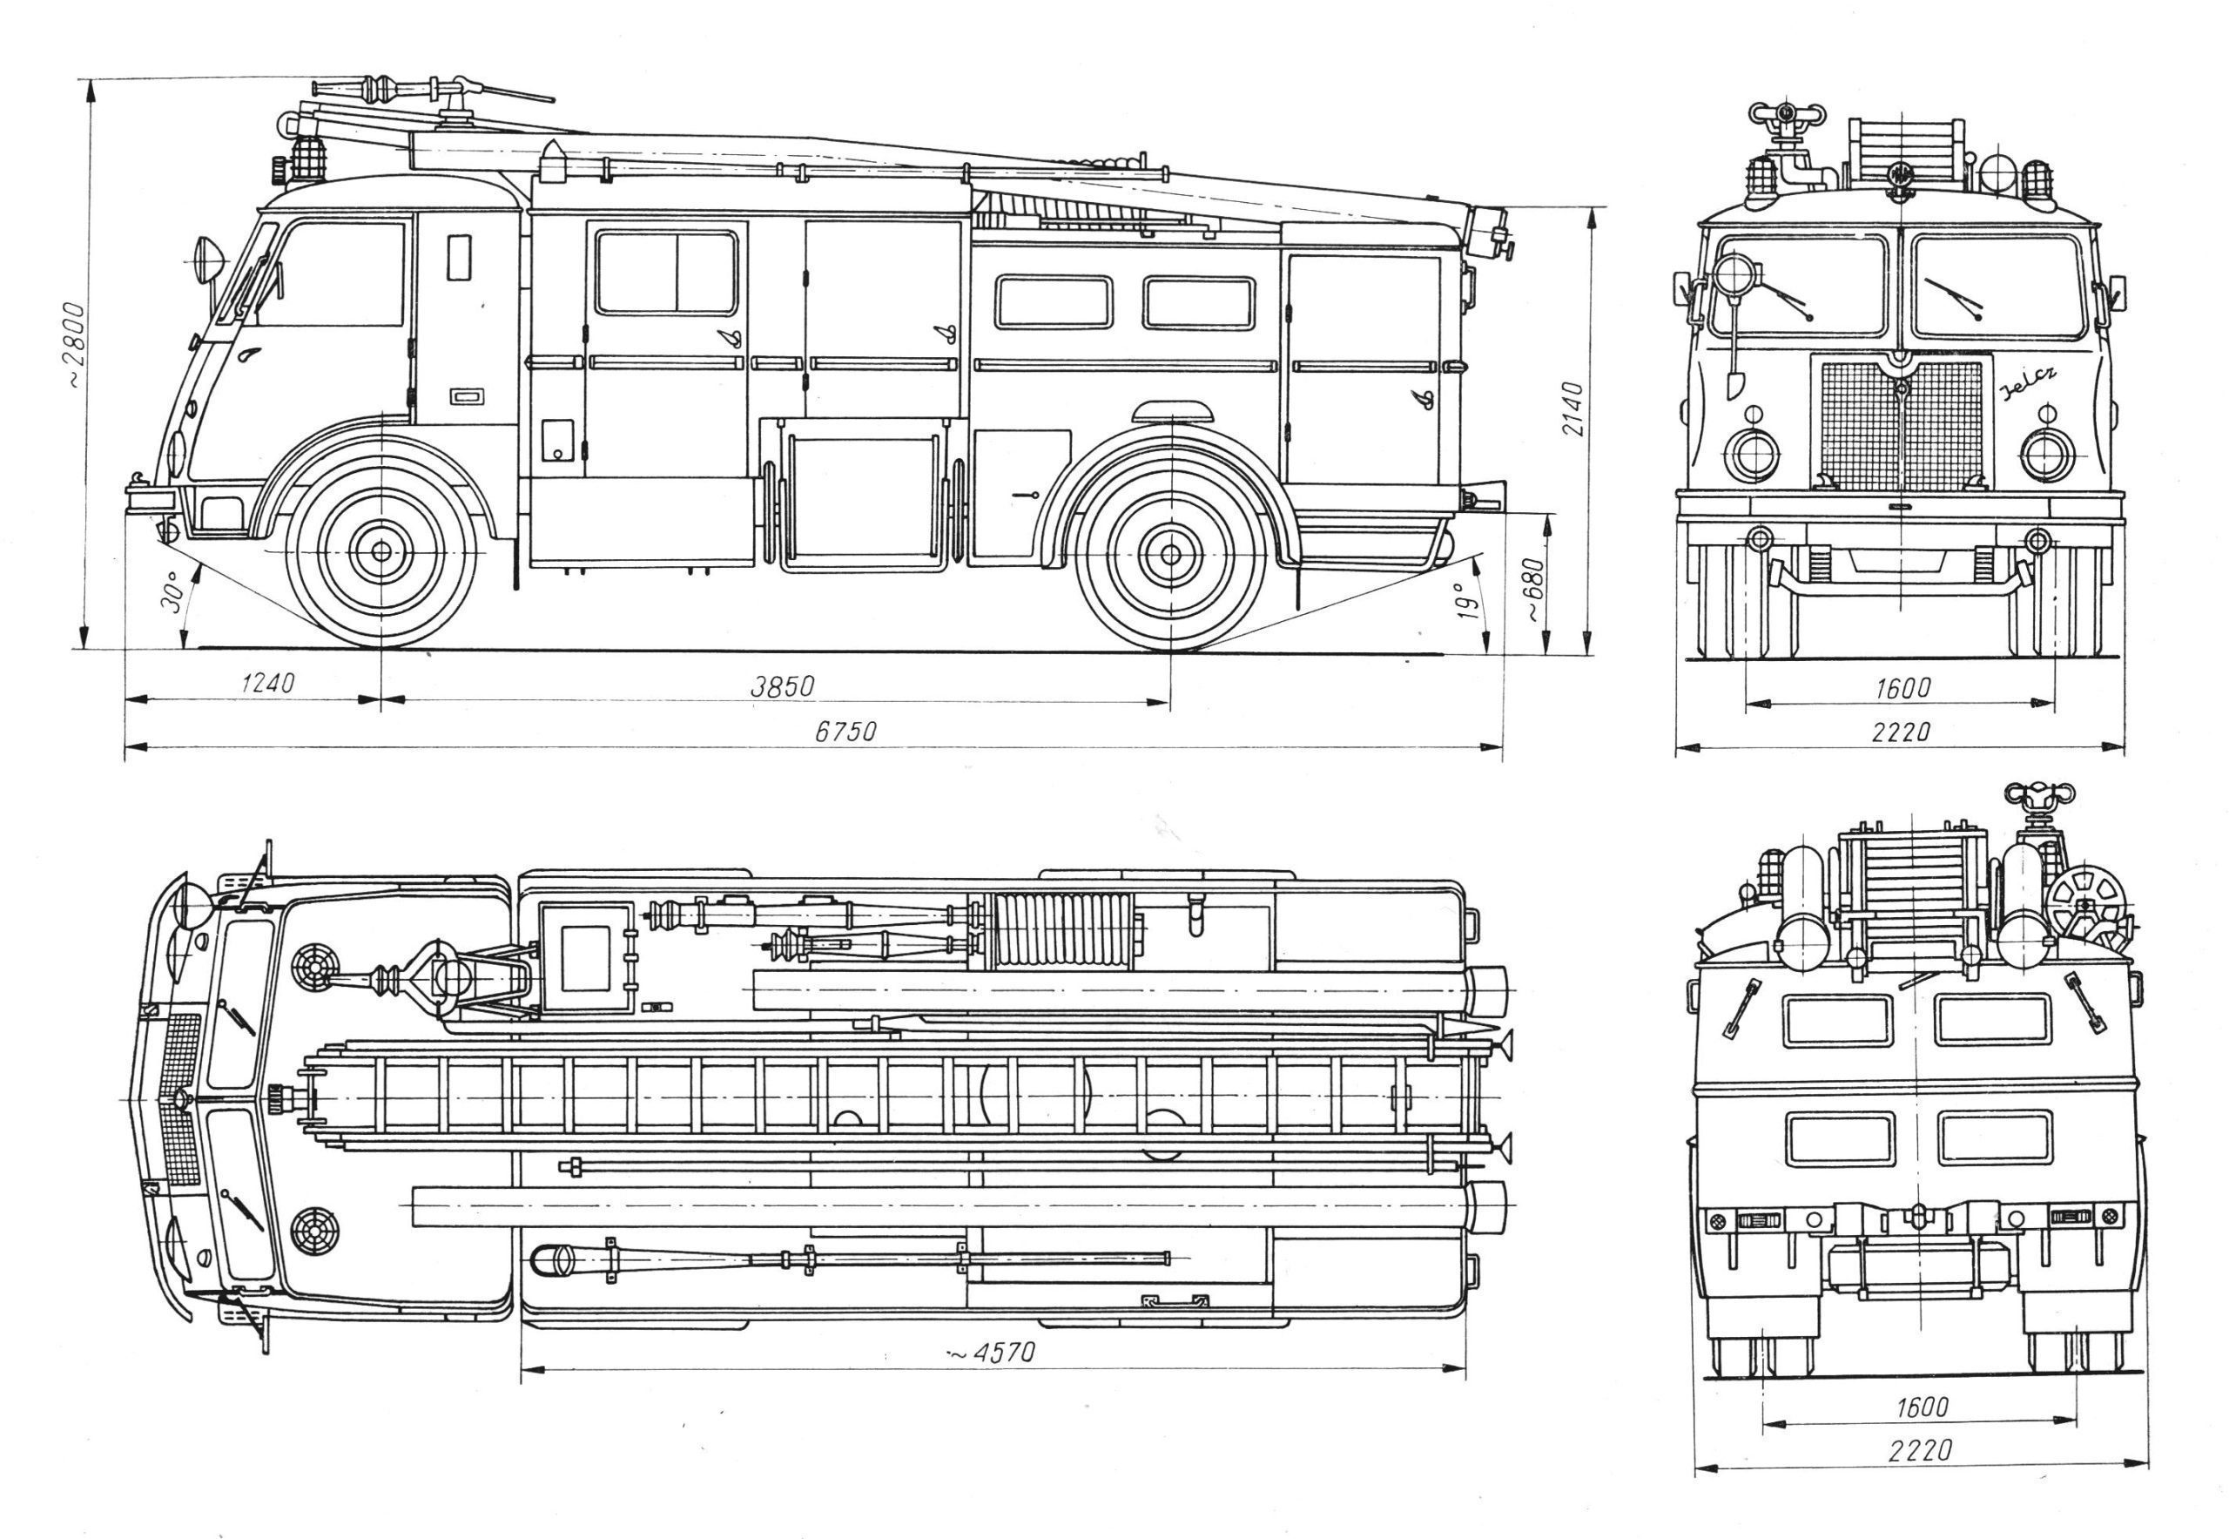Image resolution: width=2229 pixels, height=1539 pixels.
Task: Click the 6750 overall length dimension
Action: (845, 731)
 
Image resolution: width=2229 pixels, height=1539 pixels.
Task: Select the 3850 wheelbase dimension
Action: (782, 686)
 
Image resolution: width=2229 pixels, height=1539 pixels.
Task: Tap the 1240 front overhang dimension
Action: (266, 684)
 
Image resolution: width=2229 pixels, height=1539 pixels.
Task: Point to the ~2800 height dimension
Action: (75, 345)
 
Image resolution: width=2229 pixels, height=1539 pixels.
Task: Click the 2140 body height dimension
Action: (1572, 408)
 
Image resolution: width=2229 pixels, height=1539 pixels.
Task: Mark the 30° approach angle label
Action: (172, 591)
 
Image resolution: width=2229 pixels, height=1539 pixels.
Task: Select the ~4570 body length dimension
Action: (990, 1353)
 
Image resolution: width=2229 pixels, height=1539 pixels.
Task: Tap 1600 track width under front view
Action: (1902, 687)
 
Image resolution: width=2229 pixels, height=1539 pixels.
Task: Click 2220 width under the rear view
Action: (1920, 1476)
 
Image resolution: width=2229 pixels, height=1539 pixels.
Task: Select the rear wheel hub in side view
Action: (1169, 555)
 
